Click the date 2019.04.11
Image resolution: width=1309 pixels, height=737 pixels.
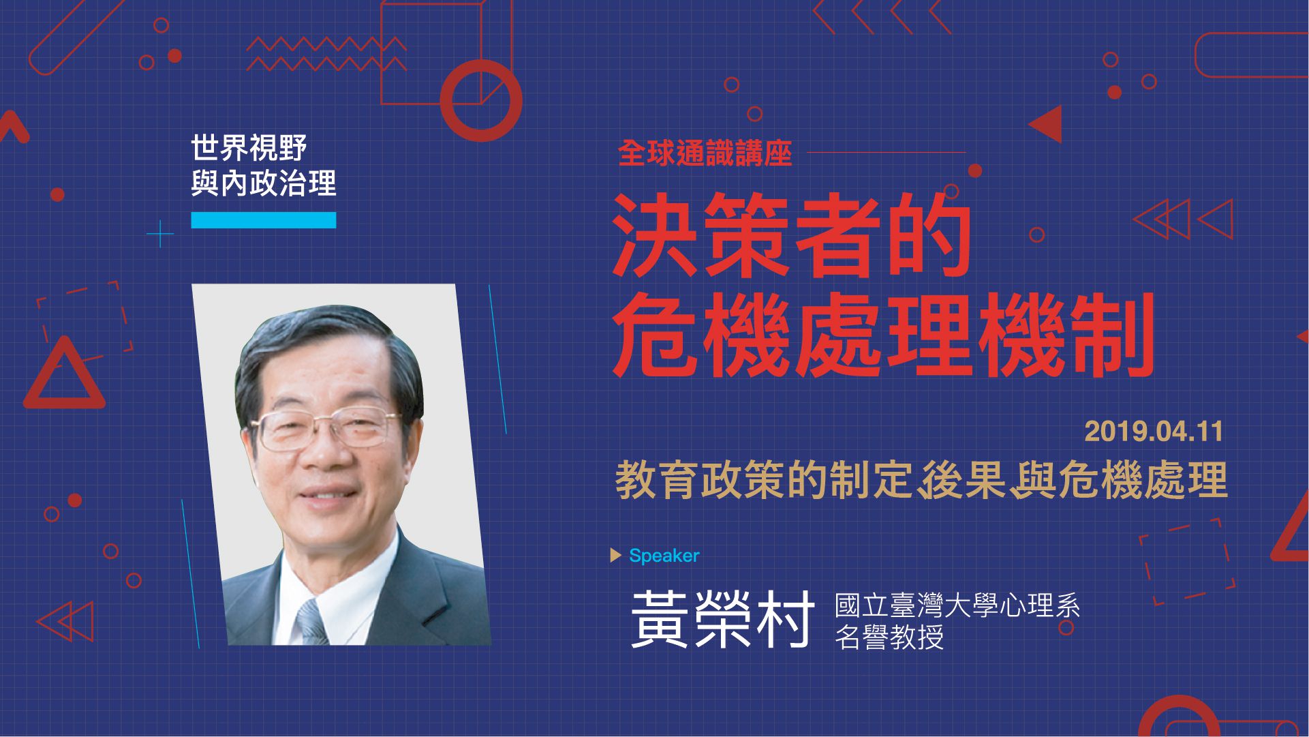click(1154, 432)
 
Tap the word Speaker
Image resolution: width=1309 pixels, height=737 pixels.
click(664, 556)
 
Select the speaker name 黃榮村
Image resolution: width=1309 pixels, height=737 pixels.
click(723, 618)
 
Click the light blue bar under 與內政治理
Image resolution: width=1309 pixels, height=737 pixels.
click(264, 220)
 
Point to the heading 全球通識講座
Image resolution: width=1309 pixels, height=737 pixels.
click(705, 154)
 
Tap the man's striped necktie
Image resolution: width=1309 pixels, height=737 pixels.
click(313, 622)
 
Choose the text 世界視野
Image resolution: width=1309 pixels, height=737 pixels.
click(249, 148)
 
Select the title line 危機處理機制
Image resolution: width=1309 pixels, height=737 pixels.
click(883, 335)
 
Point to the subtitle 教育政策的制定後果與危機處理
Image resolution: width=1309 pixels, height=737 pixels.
click(921, 481)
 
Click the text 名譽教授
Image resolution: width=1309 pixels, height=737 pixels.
click(889, 637)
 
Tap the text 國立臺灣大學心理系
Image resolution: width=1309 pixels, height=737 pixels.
click(957, 605)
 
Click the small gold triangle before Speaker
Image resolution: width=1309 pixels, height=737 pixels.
click(616, 556)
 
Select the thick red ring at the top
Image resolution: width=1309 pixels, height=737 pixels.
click(481, 100)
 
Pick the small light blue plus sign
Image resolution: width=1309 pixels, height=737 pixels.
click(160, 234)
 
